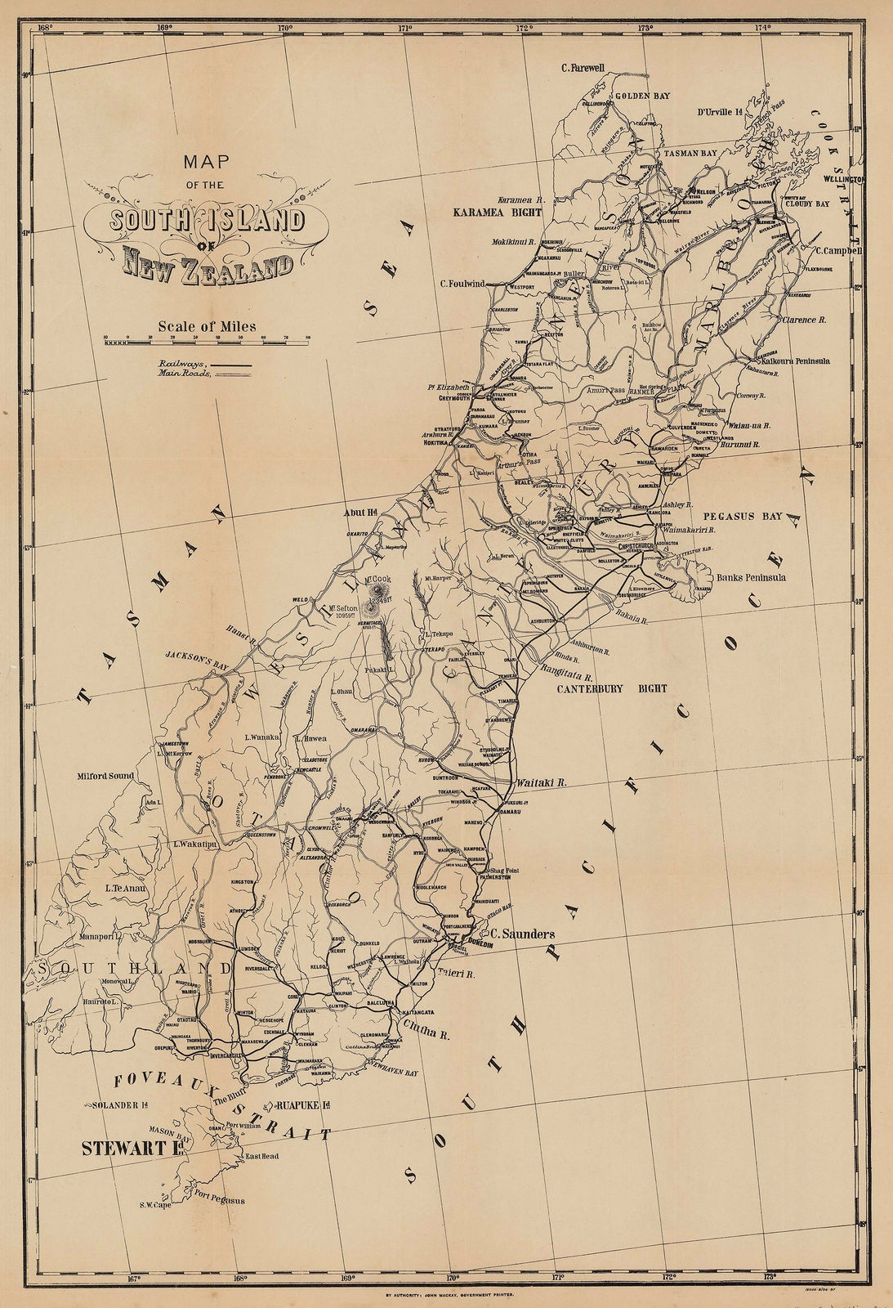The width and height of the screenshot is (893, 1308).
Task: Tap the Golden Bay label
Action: click(x=642, y=96)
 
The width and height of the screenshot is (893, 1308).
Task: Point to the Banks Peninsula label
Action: click(x=751, y=577)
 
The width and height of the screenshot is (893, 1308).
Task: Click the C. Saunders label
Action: click(x=522, y=934)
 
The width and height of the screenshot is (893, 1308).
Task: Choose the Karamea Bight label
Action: click(x=498, y=212)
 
